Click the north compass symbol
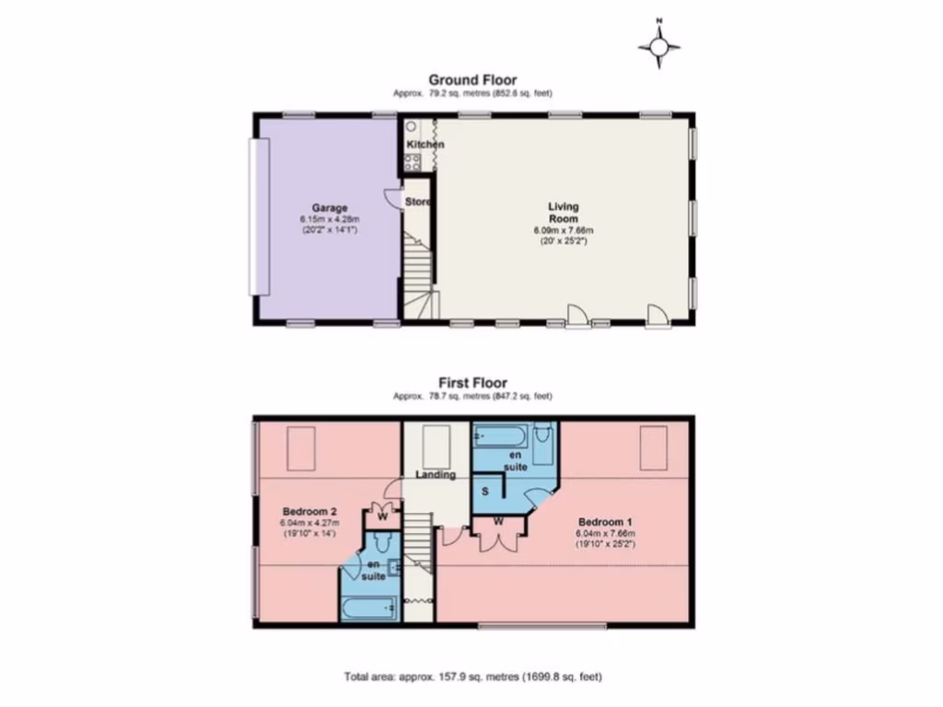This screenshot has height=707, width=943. (x=660, y=46)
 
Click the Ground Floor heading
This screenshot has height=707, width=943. (x=471, y=80)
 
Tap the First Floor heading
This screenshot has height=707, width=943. (x=471, y=383)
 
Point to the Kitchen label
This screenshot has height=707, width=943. (x=425, y=145)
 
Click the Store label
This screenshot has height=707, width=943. (x=418, y=202)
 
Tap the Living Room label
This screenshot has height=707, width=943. (x=564, y=213)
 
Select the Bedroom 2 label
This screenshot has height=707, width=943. (x=303, y=511)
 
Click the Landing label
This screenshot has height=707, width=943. (x=435, y=475)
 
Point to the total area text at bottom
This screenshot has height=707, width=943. (x=472, y=677)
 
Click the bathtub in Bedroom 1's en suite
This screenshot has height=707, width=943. (x=501, y=435)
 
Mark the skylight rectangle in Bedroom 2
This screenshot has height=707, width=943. (x=303, y=448)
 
